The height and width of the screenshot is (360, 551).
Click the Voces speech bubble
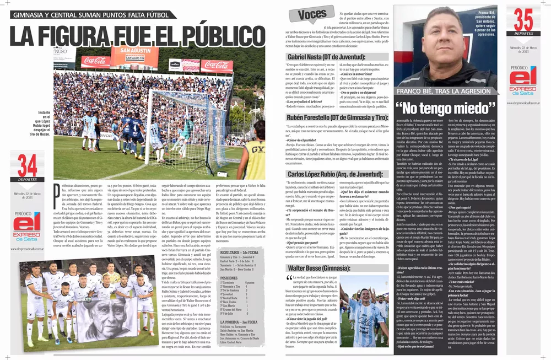(311, 15)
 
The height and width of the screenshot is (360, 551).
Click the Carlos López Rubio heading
(330, 174)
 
